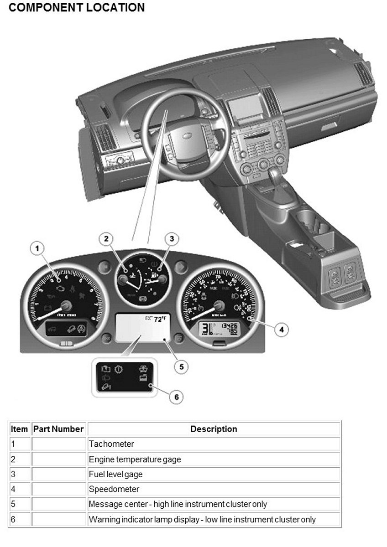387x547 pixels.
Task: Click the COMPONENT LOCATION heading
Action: pos(77,8)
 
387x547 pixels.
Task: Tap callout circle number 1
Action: pos(38,248)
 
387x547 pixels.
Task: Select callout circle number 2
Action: pos(106,238)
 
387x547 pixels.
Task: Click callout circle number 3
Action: pos(172,238)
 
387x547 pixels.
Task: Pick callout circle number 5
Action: pos(182,366)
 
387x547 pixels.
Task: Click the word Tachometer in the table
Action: pos(111,444)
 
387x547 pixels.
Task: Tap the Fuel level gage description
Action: pos(115,474)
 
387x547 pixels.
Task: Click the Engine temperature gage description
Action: pos(135,459)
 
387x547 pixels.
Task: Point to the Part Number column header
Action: pos(58,429)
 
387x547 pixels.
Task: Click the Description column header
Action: pos(214,429)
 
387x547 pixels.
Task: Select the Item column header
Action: pos(19,429)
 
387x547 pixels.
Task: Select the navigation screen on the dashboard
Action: pos(246,108)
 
